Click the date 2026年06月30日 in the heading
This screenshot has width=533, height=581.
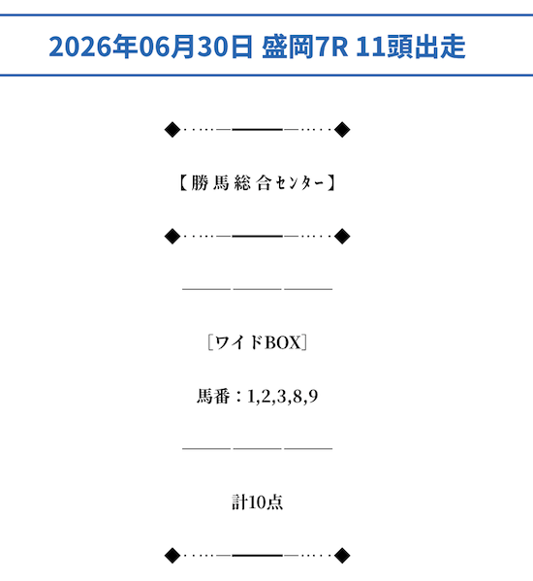point(150,47)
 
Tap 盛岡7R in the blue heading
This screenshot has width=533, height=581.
point(304,47)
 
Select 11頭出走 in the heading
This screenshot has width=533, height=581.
point(410,47)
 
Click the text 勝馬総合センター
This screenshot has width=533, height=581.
point(257,182)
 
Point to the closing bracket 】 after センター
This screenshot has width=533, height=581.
point(331,182)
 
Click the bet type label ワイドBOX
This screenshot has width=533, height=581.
point(258,342)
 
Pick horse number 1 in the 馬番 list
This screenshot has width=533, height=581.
point(251,396)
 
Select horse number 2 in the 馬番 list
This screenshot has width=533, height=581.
point(266,396)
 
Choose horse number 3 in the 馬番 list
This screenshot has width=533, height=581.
point(281,396)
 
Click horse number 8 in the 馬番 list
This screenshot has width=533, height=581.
point(298,396)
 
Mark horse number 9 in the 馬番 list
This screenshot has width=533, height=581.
point(313,396)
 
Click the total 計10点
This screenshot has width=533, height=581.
point(257,502)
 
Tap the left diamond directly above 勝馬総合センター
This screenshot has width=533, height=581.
point(172,130)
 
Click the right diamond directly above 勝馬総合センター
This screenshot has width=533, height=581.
point(342,130)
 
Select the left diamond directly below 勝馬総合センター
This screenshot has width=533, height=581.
point(172,236)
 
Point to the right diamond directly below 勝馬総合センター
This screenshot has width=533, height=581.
point(342,236)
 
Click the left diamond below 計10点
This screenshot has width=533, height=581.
point(172,556)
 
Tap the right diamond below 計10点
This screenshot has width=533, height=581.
point(342,556)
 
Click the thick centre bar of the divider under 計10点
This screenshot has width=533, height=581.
point(257,556)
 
